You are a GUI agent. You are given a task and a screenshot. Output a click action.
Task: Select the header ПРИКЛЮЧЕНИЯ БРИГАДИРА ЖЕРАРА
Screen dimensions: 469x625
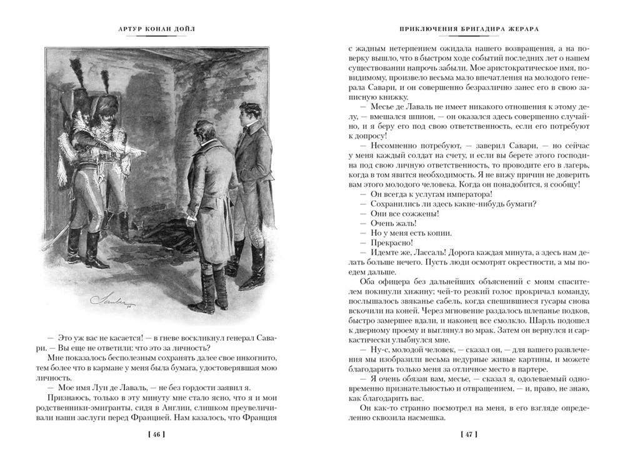pyautogui.click(x=469, y=29)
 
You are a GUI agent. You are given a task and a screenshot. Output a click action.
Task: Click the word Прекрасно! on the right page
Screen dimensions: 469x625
pyautogui.click(x=382, y=243)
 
